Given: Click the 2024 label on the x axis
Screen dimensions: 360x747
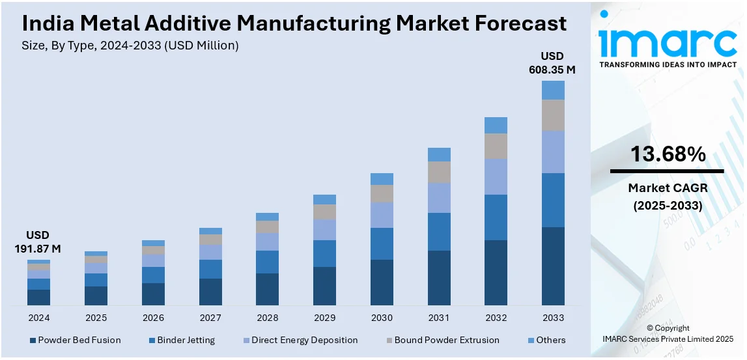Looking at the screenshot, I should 38,318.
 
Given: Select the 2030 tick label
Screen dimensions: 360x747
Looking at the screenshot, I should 382,318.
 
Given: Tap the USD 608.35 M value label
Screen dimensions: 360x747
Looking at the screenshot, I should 552,62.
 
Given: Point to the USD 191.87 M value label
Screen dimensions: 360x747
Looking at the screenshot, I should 38,242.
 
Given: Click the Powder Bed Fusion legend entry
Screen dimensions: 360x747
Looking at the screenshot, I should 75,340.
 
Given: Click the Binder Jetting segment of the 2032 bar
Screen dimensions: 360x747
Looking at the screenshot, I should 496,217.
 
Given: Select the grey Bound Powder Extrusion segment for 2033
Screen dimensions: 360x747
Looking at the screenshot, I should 553,115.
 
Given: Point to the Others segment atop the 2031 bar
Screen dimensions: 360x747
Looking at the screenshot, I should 439,154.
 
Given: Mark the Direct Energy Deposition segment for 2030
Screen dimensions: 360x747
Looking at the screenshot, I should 382,215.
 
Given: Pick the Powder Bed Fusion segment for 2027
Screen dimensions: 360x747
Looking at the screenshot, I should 210,292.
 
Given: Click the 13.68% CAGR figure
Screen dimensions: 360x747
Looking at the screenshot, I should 668,154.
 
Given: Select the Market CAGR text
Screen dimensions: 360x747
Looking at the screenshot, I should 668,188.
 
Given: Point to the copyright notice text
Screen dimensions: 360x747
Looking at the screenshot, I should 668,333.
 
